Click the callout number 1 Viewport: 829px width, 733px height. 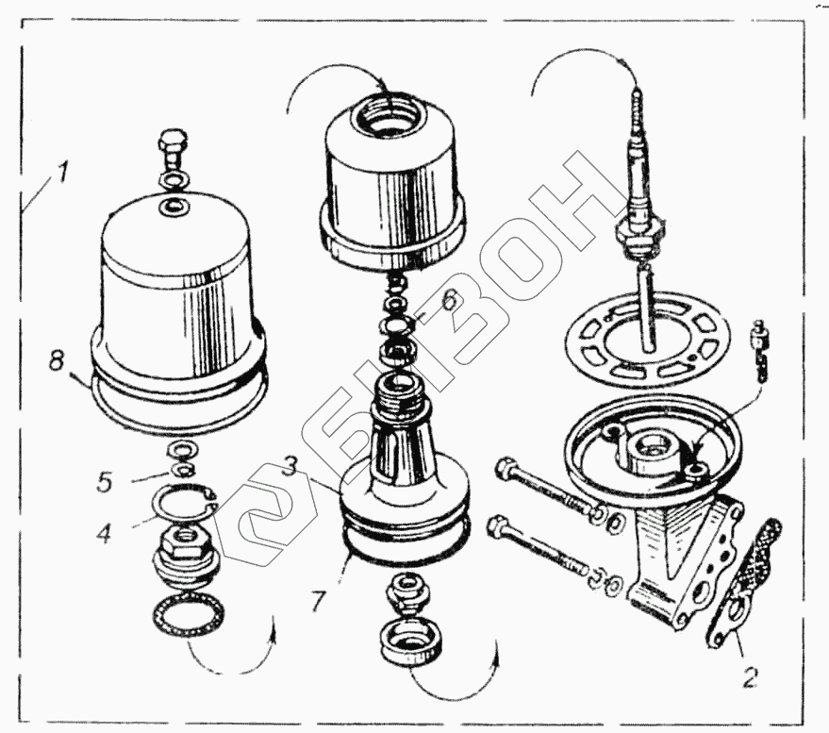tap(63, 173)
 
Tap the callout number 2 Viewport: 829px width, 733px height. tap(750, 676)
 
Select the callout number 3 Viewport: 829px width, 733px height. tap(289, 466)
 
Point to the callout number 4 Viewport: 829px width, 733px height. tap(104, 534)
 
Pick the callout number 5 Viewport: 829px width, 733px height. tap(104, 481)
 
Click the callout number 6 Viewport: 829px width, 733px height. tap(448, 301)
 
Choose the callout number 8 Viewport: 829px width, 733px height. tap(56, 363)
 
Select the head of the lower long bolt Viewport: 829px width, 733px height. tap(500, 526)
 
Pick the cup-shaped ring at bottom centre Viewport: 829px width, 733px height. tap(411, 644)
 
